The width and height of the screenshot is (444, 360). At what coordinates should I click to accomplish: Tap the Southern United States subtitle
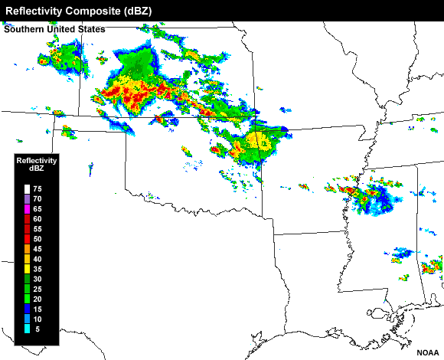[54, 30]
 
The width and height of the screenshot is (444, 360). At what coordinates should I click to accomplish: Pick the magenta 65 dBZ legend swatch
[27, 208]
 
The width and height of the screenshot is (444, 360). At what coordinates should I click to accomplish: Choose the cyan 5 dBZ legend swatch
[27, 329]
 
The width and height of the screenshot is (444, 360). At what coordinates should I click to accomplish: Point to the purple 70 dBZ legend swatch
[27, 199]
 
